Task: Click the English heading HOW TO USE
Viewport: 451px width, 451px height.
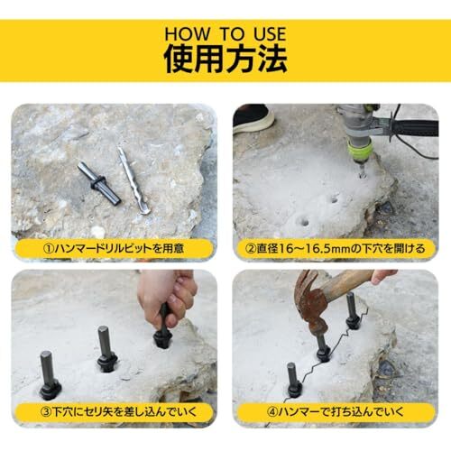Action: [x=225, y=34]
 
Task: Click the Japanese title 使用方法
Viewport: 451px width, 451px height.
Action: [x=225, y=60]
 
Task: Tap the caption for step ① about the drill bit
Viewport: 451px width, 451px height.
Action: [x=114, y=249]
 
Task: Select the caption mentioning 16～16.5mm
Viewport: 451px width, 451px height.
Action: [x=336, y=249]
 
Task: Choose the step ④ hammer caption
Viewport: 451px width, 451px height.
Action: [x=336, y=411]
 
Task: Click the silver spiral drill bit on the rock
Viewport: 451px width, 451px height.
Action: [x=133, y=180]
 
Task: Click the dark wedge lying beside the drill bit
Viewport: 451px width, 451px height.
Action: [x=99, y=184]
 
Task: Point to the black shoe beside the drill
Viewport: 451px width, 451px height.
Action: [x=253, y=118]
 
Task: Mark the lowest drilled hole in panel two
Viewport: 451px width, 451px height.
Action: [x=304, y=223]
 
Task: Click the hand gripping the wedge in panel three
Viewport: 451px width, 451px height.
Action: [x=166, y=298]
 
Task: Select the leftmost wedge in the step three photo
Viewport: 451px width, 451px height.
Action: [x=49, y=376]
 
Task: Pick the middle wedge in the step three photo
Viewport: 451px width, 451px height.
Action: [x=106, y=349]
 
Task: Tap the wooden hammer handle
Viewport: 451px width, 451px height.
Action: [x=352, y=281]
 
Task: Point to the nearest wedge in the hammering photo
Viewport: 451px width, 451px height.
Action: [x=293, y=381]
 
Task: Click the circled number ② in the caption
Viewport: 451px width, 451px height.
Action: [x=251, y=249]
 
